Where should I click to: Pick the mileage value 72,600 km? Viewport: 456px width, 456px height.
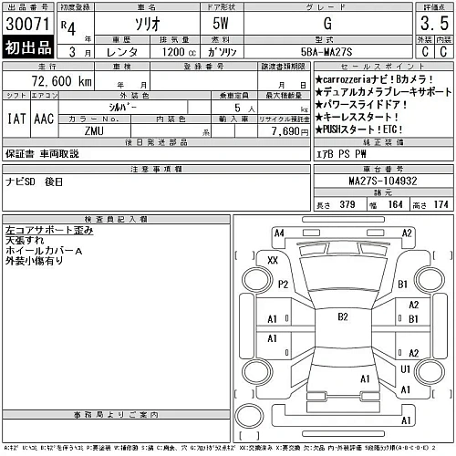[x=65, y=82]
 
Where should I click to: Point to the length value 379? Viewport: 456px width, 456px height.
[x=346, y=204]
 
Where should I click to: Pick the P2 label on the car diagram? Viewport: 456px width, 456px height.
[x=283, y=284]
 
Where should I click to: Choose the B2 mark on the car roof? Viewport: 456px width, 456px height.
[x=343, y=317]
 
